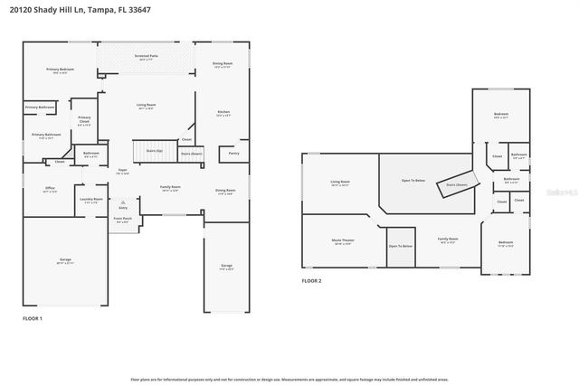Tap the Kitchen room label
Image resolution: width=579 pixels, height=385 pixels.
(x=223, y=113)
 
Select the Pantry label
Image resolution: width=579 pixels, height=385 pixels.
(x=233, y=154)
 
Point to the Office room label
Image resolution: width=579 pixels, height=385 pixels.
(x=49, y=190)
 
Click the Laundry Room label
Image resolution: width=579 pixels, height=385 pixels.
(x=91, y=201)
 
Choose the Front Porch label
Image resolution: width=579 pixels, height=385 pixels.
(x=122, y=220)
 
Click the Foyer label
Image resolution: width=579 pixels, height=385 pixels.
(x=122, y=171)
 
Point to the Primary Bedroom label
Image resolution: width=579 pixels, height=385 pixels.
(x=60, y=70)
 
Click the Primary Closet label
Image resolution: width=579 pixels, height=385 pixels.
(x=84, y=120)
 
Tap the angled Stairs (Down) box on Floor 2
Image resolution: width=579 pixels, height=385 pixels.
(x=457, y=183)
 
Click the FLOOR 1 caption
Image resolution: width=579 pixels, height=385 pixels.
(x=32, y=318)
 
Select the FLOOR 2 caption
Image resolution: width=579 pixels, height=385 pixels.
(x=311, y=281)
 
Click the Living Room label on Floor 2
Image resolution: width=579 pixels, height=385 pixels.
(x=340, y=183)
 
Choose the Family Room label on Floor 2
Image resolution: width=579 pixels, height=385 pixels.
(x=449, y=241)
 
